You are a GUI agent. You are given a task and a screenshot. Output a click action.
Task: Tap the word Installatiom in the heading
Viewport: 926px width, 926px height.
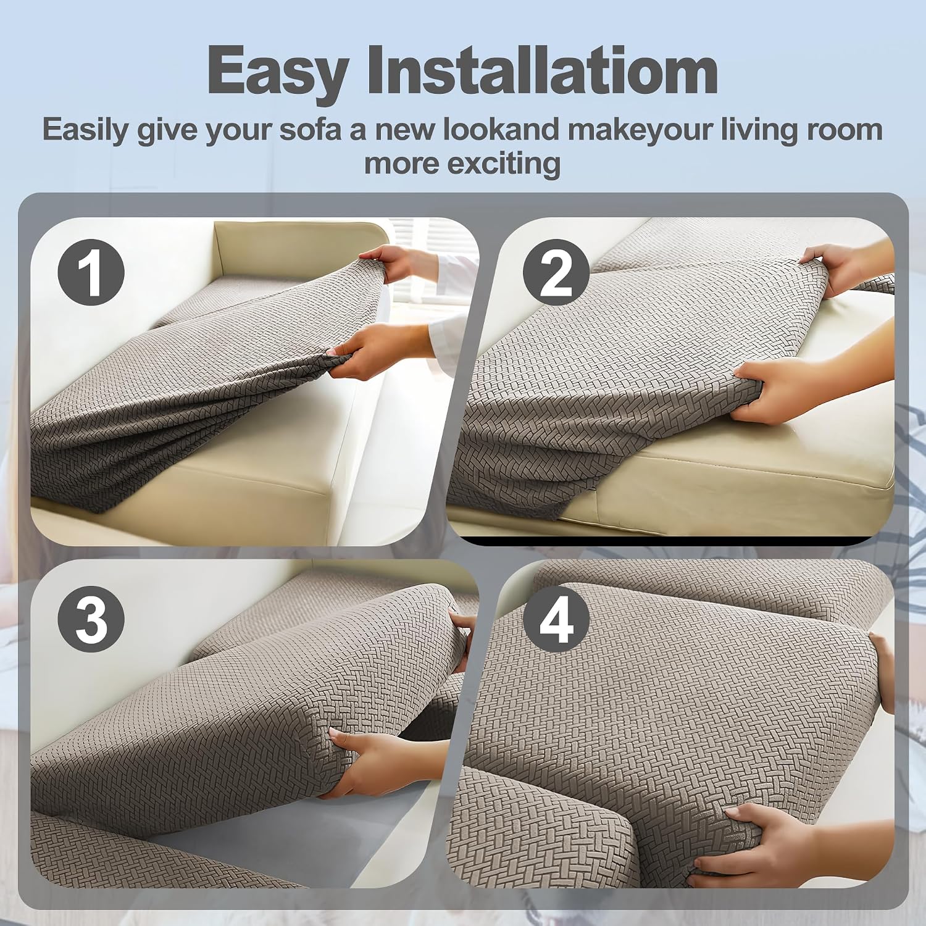[543, 70]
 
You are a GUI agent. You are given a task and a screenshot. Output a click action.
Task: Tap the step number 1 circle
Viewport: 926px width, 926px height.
[91, 272]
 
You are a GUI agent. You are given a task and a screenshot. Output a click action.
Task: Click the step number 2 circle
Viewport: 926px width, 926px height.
[556, 272]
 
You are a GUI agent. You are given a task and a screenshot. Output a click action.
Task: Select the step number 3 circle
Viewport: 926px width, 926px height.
[91, 619]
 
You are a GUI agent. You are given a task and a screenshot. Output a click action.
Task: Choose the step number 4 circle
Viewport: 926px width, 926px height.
[556, 619]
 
